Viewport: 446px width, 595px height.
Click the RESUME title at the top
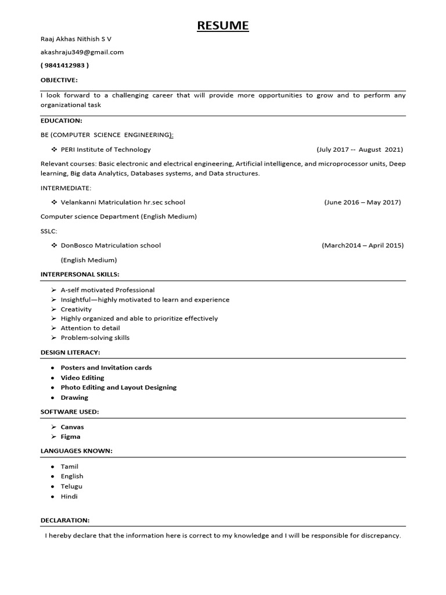click(x=222, y=26)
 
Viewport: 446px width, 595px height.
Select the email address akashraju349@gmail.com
click(x=82, y=52)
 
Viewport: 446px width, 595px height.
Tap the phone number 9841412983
click(x=64, y=65)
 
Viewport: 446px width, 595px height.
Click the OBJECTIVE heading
click(x=59, y=80)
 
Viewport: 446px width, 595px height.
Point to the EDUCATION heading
click(x=61, y=120)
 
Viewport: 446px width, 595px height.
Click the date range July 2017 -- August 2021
click(x=359, y=149)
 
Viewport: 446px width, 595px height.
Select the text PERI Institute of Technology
click(x=106, y=149)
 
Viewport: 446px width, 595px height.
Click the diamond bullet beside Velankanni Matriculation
click(x=54, y=202)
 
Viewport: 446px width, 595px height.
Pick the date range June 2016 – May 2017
click(x=362, y=202)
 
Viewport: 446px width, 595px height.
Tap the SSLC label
click(x=49, y=231)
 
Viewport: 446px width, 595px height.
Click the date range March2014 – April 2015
click(x=362, y=245)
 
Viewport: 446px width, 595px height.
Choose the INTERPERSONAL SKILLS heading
click(x=80, y=274)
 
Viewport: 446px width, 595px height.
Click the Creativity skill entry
click(x=76, y=309)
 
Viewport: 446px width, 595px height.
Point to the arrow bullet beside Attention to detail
click(x=53, y=328)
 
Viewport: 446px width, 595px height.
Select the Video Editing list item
click(x=82, y=378)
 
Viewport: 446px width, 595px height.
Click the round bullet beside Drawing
click(x=53, y=398)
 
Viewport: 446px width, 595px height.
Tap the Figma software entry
click(x=70, y=436)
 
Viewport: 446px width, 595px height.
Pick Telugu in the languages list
click(x=71, y=486)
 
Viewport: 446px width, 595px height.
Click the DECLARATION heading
click(x=65, y=520)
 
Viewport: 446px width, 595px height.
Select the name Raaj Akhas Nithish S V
click(x=75, y=39)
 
